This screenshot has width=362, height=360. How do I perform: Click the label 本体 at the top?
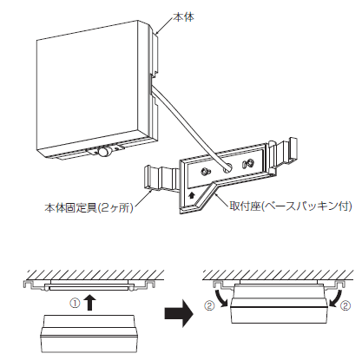point(183,17)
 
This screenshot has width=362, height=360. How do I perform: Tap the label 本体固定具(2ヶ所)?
point(89,208)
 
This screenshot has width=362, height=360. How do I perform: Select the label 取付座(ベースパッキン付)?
point(291,206)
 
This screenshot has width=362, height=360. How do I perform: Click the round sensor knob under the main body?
point(103,152)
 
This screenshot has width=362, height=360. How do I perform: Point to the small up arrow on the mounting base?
point(191,196)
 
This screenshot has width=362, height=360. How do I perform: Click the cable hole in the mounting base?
point(227,168)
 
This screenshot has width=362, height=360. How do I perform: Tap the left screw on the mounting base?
point(205,172)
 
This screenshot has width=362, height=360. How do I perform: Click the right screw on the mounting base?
point(248,164)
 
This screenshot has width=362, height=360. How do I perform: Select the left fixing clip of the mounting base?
point(161,178)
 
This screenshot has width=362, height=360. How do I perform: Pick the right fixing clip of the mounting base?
point(283,154)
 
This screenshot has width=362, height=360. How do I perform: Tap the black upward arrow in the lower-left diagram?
point(91,303)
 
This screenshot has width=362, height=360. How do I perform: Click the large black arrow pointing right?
point(179,313)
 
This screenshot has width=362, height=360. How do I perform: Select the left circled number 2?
point(209,305)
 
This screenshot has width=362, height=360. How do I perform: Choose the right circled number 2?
point(346,305)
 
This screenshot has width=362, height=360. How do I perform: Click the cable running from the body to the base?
point(188,127)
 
